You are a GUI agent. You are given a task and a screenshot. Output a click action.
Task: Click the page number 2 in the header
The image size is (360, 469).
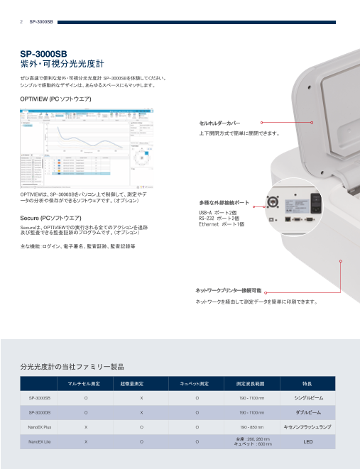point(21,22)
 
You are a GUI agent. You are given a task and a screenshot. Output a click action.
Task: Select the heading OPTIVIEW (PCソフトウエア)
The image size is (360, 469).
point(56,99)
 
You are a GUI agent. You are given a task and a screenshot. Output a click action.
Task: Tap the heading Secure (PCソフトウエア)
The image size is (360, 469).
point(50,217)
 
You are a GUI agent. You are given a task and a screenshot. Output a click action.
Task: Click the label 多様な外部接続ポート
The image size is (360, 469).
point(224,202)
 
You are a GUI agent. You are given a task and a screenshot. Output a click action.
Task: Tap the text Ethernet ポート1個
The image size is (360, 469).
point(222,224)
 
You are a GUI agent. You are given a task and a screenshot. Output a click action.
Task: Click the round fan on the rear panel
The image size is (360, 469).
point(273,201)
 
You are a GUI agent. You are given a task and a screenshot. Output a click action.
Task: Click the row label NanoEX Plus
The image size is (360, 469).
point(40,428)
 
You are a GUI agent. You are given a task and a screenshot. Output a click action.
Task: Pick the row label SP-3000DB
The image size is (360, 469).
point(40,412)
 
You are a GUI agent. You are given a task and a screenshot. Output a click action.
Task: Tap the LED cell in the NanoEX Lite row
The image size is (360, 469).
point(307,442)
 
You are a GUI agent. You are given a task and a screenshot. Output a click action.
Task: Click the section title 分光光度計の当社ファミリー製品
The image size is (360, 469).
point(72,367)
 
